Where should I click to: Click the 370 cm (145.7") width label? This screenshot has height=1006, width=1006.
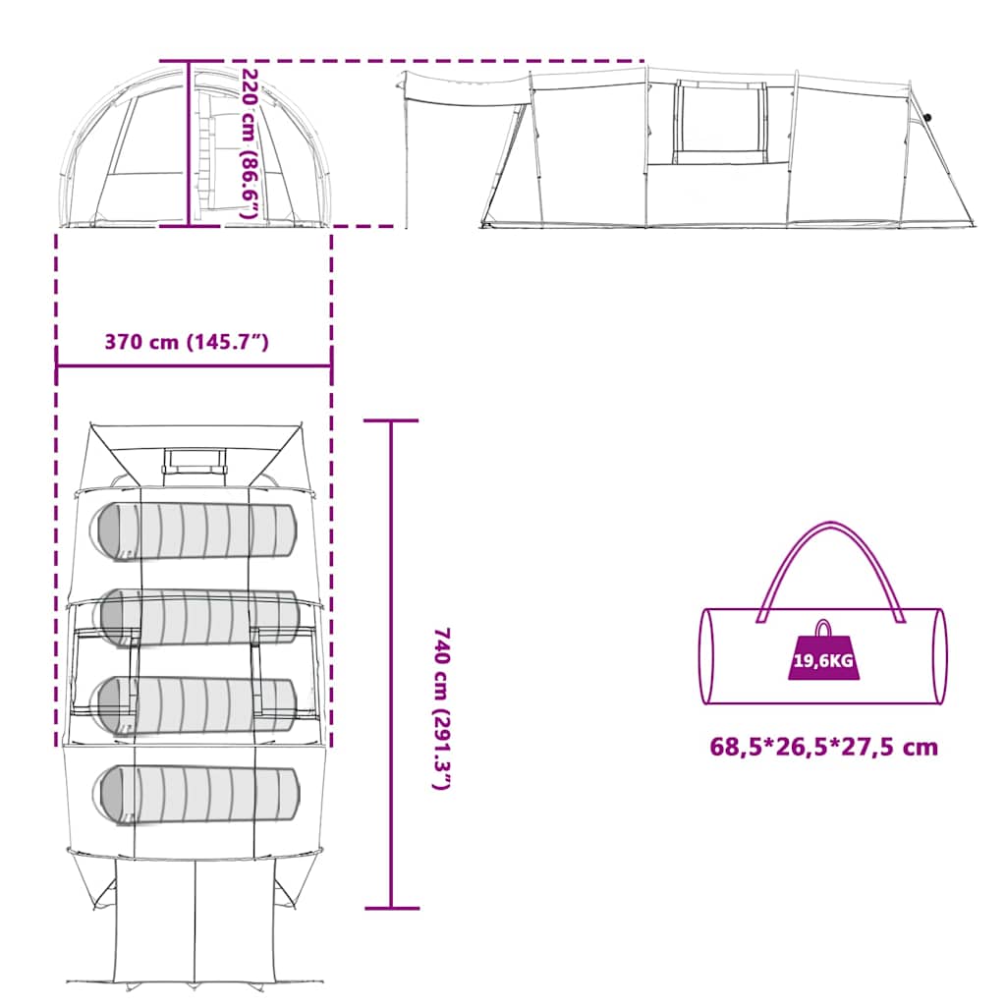187,342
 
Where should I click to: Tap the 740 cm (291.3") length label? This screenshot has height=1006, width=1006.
442,708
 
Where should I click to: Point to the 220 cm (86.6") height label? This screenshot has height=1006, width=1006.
250,143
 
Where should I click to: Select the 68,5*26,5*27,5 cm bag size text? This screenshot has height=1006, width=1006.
824,747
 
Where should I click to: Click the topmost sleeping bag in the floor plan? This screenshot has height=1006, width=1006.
196,531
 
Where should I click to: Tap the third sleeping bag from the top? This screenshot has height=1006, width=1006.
196,705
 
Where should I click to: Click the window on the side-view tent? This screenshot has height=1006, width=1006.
719,123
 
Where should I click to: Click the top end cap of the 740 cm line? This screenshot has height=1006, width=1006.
391,420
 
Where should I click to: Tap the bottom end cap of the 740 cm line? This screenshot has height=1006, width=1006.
392,909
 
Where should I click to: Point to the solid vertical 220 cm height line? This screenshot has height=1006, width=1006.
189,143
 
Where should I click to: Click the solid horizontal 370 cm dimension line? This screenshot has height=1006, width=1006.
194,366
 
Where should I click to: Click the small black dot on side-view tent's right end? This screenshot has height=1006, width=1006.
927,118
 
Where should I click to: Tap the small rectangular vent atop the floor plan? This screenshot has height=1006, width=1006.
195,461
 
